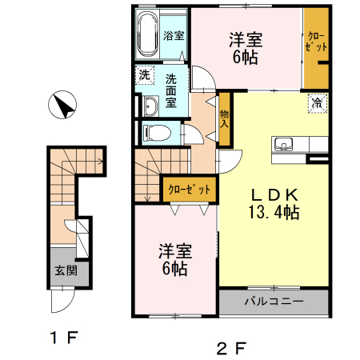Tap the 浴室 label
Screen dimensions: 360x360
pyautogui.click(x=174, y=36)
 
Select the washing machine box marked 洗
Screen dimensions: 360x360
pyautogui.click(x=144, y=75)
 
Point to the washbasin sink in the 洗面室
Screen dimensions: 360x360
pyautogui.click(x=150, y=106)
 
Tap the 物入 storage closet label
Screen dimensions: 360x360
pyautogui.click(x=225, y=119)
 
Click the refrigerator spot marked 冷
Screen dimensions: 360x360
pyautogui.click(x=317, y=102)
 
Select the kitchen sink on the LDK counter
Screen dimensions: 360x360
pyautogui.click(x=284, y=145)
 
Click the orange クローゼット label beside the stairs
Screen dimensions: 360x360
pyautogui.click(x=190, y=190)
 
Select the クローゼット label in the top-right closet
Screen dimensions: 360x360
pyautogui.click(x=316, y=44)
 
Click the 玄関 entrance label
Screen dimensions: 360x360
pyautogui.click(x=66, y=270)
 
